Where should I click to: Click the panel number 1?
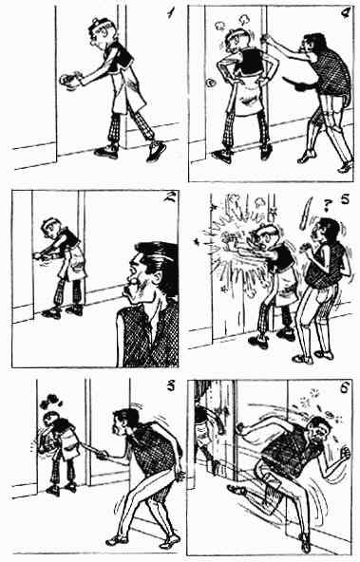point(171,13)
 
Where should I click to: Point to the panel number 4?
point(346,13)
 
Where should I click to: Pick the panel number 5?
point(345,198)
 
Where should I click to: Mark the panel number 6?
point(345,388)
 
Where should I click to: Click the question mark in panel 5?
point(327,205)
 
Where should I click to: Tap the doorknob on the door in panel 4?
point(209,84)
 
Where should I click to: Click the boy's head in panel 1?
point(101,31)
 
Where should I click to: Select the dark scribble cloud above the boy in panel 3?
point(50,402)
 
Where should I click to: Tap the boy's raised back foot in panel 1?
point(157,149)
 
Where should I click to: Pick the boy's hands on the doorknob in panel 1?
point(70,79)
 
